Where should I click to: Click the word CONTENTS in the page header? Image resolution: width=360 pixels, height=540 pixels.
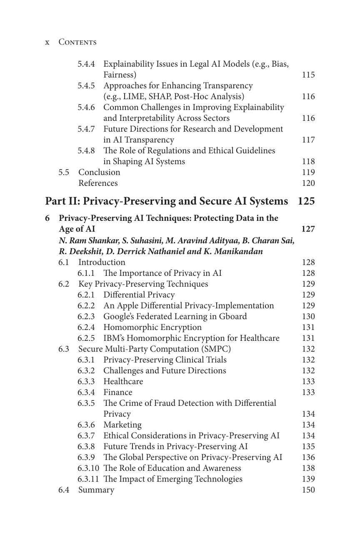77,42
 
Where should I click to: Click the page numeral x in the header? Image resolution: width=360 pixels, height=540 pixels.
47,42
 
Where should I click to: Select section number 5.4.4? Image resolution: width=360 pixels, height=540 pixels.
86,64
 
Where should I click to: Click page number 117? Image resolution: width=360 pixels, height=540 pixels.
308,140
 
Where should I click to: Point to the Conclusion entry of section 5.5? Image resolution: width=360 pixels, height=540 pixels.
99,172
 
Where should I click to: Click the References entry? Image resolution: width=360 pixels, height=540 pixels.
98,183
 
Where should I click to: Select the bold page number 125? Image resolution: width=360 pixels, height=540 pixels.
306,201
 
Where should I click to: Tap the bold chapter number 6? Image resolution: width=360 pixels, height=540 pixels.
47,218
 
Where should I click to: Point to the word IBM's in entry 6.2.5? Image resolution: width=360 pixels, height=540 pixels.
114,338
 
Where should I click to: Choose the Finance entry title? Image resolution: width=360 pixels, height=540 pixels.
118,392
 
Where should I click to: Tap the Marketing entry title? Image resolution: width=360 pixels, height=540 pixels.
122,425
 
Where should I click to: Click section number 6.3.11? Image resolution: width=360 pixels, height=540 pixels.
88,479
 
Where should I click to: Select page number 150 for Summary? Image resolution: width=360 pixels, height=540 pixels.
308,490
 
